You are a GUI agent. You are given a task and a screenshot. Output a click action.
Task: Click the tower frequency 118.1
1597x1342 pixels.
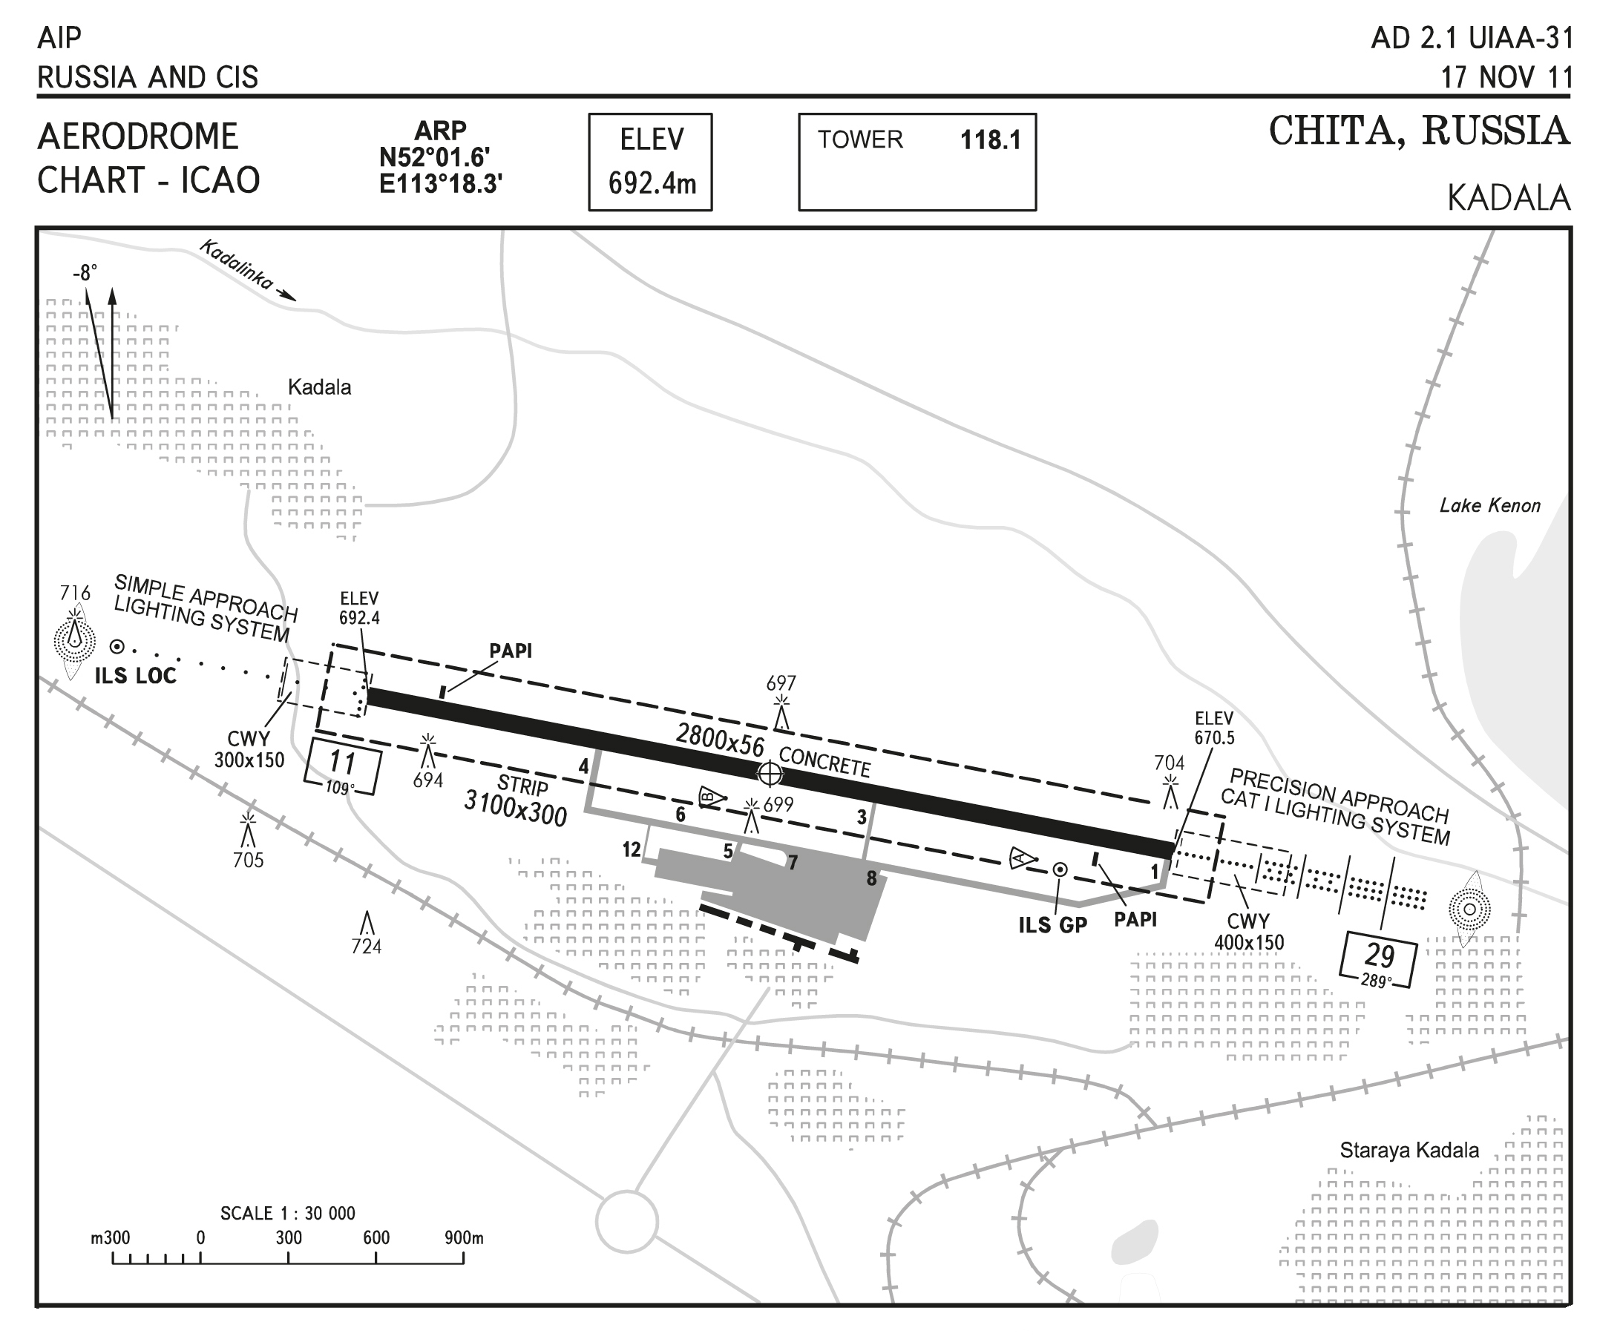click(990, 140)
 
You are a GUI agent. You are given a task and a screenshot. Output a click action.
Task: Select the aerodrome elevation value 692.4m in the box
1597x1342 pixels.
click(652, 183)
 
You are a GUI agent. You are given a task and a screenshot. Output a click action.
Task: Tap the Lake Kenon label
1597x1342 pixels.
click(1489, 506)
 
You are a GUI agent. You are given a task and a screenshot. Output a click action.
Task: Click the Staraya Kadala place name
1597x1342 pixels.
click(1409, 1151)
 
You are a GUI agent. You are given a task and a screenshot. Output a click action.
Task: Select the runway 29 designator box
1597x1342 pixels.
click(1379, 959)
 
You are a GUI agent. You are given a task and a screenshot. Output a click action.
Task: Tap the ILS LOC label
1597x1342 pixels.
click(135, 676)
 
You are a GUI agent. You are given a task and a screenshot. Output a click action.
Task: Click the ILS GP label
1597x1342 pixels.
click(1052, 925)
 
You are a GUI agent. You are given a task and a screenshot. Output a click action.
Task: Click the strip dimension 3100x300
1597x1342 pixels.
click(516, 808)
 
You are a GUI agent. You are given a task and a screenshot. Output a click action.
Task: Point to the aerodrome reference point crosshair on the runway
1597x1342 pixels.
click(770, 774)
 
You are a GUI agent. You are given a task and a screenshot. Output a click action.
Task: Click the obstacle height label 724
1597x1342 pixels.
click(366, 947)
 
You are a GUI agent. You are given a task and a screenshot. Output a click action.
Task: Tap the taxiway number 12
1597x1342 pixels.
click(632, 849)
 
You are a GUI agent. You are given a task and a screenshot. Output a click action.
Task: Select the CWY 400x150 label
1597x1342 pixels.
click(1248, 932)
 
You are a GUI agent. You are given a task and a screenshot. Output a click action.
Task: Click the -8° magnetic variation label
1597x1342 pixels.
click(85, 272)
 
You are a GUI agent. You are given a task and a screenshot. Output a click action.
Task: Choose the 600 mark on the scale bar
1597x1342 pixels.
click(376, 1238)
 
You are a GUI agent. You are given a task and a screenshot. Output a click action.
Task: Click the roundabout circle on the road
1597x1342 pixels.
click(627, 1223)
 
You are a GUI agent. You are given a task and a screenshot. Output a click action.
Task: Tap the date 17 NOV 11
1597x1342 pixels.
click(1506, 78)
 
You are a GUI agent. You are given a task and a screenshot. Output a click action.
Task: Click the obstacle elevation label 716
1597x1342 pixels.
click(75, 593)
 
